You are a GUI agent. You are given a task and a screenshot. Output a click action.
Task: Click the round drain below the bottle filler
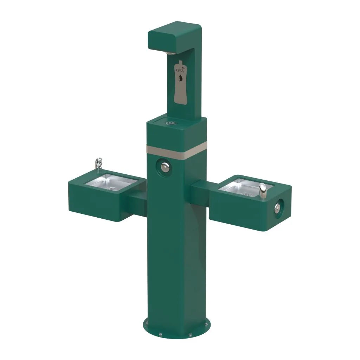tap(172, 123)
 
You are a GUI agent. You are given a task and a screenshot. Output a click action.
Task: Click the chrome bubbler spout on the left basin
tap(99, 163)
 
